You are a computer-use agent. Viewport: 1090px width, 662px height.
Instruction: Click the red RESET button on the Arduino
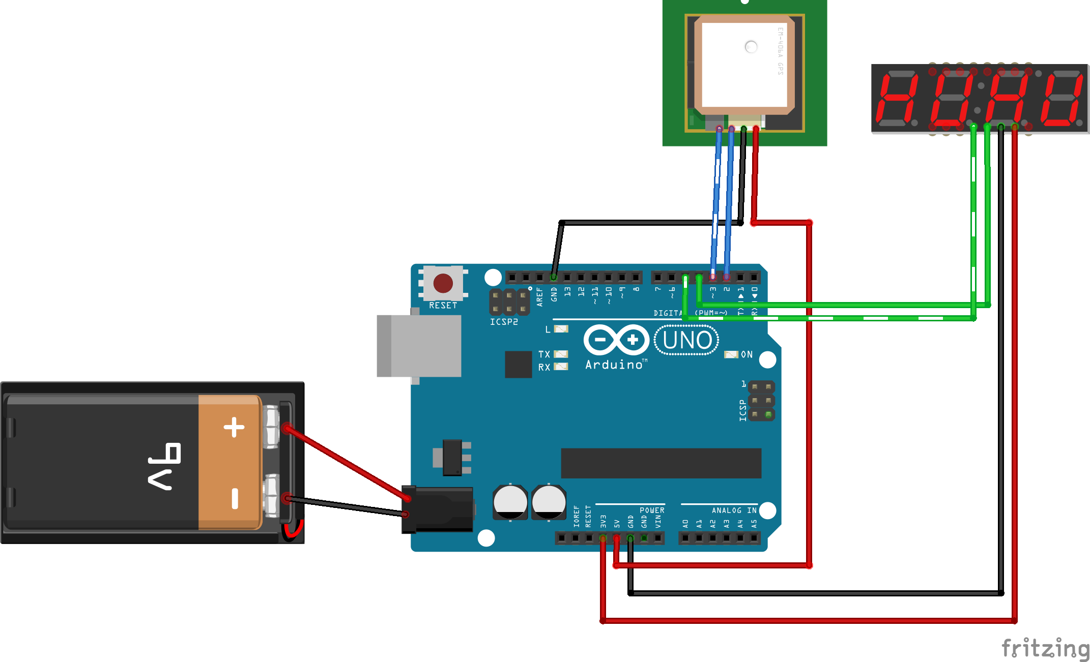(443, 283)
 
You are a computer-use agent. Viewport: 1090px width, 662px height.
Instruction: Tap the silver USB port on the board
(419, 346)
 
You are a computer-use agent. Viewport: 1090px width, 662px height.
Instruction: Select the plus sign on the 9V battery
(234, 427)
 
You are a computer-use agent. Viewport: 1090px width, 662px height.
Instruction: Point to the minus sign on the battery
(235, 498)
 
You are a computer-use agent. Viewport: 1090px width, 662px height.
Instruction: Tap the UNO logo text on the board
(686, 340)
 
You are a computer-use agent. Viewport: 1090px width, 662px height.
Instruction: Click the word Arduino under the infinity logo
(614, 365)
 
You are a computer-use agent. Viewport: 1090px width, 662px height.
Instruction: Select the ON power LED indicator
(731, 354)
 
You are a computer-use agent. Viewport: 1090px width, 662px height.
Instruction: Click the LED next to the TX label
(561, 354)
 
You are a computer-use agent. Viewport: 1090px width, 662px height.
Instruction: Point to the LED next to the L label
(561, 329)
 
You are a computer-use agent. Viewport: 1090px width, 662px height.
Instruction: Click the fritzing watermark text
(1045, 648)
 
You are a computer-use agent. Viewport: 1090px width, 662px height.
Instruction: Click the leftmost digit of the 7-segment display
(897, 99)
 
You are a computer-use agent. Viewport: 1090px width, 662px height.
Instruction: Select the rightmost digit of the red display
(1062, 99)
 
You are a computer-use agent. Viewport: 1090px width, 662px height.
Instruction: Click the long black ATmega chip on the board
(661, 463)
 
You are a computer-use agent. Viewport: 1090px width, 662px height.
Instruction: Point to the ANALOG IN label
(734, 510)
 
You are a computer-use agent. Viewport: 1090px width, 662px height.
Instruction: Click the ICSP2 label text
(504, 322)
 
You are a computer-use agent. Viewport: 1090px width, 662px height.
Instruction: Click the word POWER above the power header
(652, 510)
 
